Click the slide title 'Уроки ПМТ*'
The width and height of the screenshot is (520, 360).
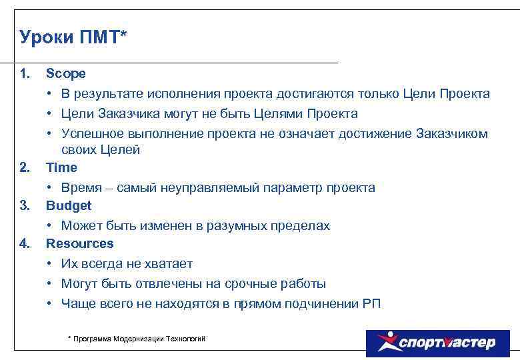tap(73, 37)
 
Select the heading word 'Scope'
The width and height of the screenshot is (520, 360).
tap(65, 73)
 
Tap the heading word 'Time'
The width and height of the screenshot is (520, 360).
tap(61, 167)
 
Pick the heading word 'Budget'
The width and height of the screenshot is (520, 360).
tap(68, 205)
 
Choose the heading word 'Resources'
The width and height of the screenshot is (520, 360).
tap(79, 243)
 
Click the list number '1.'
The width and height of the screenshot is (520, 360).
tap(25, 73)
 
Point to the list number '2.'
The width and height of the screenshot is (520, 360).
tap(25, 167)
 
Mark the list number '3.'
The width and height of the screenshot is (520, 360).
tap(25, 205)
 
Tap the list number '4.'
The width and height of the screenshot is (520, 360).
tap(25, 243)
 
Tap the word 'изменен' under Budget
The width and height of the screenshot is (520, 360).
tap(158, 225)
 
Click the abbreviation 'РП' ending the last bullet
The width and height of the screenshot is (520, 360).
tap(371, 303)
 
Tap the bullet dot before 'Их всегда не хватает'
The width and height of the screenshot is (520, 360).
tap(50, 264)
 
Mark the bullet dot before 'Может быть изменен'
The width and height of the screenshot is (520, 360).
tap(50, 225)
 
